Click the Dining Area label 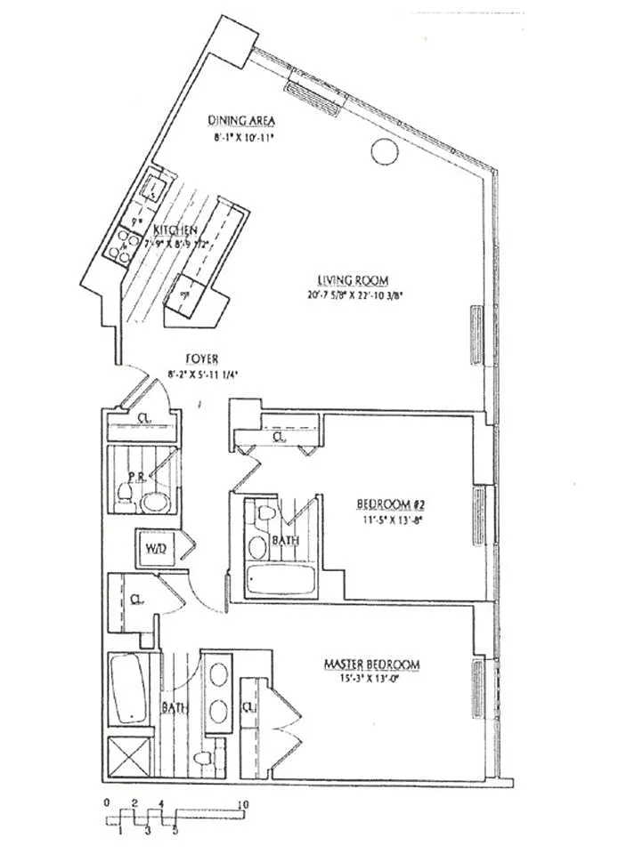click(x=241, y=121)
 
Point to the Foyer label click(x=197, y=359)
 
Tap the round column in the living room click(x=384, y=154)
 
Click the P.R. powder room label click(x=135, y=478)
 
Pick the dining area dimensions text click(x=241, y=138)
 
